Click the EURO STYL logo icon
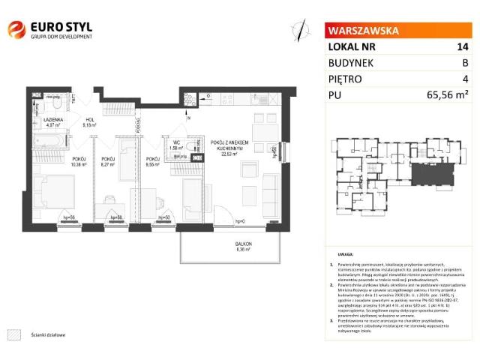(16, 30)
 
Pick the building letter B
(465, 62)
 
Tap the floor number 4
(465, 78)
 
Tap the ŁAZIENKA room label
(53, 120)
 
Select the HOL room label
(88, 120)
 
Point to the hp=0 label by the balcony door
(239, 221)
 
